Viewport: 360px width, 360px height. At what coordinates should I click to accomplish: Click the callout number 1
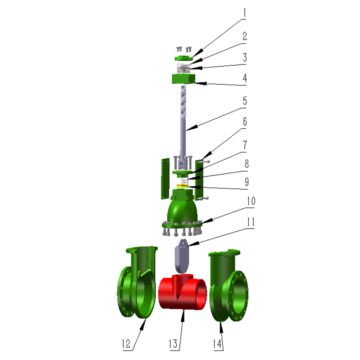point(245,13)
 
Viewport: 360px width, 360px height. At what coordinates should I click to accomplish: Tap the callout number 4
point(245,78)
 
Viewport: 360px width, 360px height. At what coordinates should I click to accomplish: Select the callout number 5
point(245,101)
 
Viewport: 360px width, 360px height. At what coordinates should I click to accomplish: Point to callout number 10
point(251,201)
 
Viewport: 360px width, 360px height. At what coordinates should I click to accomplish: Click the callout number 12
point(126,344)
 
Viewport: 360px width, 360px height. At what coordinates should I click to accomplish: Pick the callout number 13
point(173,344)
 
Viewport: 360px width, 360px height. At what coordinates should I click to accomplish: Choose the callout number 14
point(217,344)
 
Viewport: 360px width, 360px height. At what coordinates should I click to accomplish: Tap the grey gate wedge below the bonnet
point(182,255)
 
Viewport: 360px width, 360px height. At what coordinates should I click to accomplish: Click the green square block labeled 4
point(184,78)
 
